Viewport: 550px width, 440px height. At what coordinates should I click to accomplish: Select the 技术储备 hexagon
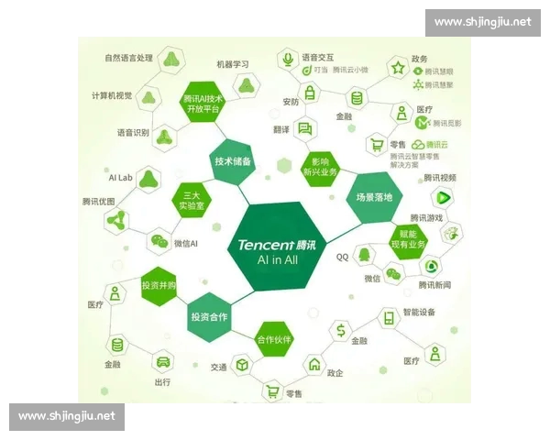(x=233, y=161)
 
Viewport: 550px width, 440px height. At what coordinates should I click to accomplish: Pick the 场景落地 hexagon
(x=374, y=197)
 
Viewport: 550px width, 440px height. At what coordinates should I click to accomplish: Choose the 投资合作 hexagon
(x=209, y=317)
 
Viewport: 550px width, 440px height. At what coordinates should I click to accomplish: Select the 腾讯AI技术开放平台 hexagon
(x=203, y=103)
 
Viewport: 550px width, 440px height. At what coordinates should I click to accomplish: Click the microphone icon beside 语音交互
(x=288, y=59)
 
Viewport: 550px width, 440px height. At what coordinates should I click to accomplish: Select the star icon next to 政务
(x=398, y=68)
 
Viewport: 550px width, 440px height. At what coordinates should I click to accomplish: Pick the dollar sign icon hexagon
(x=340, y=328)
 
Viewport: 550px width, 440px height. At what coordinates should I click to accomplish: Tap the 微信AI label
(x=187, y=243)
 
